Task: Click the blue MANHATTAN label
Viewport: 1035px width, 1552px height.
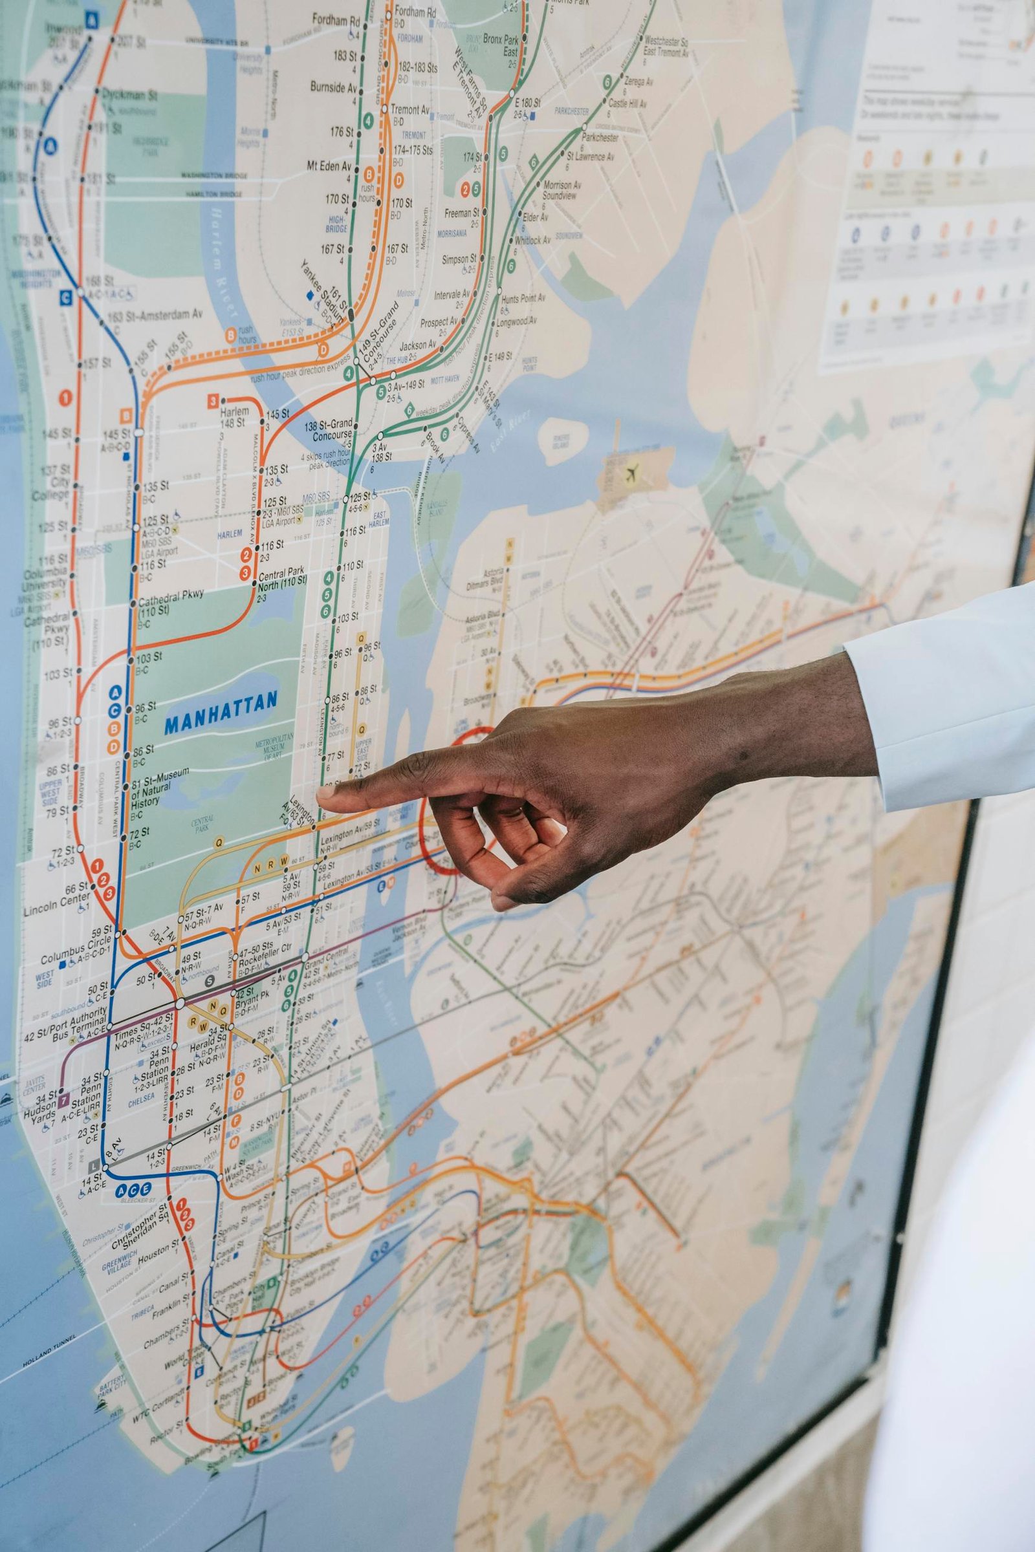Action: click(x=221, y=703)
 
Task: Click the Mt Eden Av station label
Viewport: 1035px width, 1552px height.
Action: click(x=329, y=166)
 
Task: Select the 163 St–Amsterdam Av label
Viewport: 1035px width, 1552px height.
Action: click(x=155, y=316)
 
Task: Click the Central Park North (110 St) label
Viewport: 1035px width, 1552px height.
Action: click(x=282, y=580)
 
